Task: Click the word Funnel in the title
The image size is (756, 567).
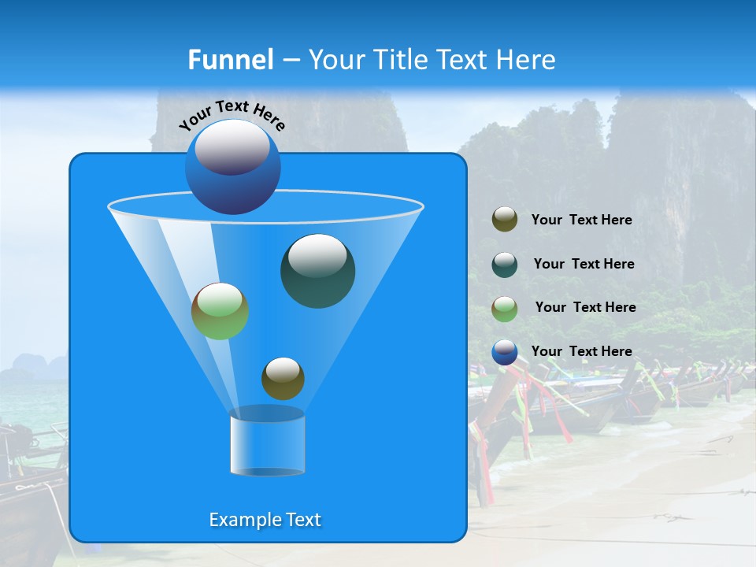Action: [x=231, y=60]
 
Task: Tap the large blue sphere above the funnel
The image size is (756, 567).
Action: [x=233, y=167]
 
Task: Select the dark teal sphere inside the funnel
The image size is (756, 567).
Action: [x=317, y=271]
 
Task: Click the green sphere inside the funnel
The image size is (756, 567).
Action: [x=220, y=311]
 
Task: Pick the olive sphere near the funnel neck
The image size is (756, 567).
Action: [x=283, y=378]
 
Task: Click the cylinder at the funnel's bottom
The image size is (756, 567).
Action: [x=267, y=443]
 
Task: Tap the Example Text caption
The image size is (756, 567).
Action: [x=265, y=520]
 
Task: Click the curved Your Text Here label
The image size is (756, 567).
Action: [x=232, y=114]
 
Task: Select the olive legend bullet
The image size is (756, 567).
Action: [x=505, y=220]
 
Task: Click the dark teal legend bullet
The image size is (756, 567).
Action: [x=505, y=264]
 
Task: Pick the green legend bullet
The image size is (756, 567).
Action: [x=505, y=308]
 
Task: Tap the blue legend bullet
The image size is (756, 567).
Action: [x=505, y=352]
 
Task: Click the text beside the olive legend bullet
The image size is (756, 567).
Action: [x=581, y=220]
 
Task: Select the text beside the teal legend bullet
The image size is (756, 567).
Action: [x=584, y=265]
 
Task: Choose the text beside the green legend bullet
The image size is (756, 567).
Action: [x=585, y=308]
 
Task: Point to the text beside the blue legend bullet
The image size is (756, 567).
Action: [x=581, y=352]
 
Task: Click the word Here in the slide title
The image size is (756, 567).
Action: [x=527, y=60]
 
